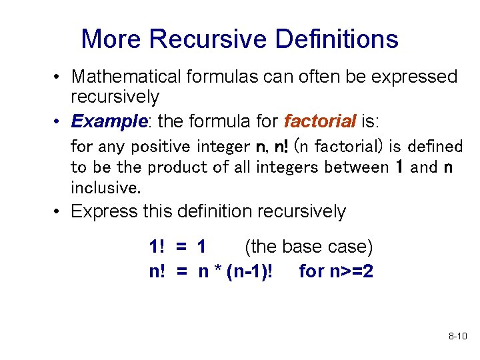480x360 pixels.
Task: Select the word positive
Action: pos(159,146)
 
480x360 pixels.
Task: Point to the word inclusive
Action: pos(105,187)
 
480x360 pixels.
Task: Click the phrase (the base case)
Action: pos(309,247)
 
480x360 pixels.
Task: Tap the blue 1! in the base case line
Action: pos(157,247)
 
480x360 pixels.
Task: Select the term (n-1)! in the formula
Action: pos(250,271)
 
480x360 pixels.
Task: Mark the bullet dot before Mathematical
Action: pos(59,77)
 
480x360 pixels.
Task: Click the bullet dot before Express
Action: pos(59,212)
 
